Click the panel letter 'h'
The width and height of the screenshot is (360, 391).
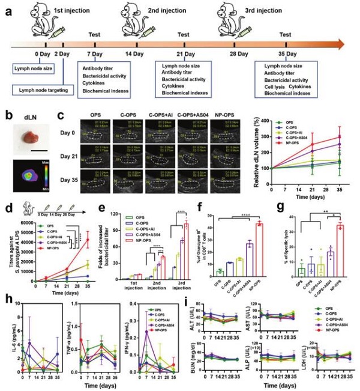pyautogui.click(x=5, y=300)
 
